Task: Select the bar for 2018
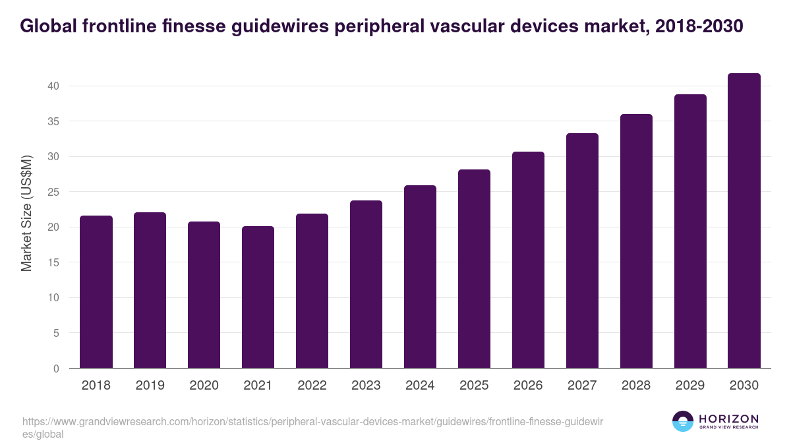tap(96, 292)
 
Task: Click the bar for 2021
tap(258, 297)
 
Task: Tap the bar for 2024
tap(420, 277)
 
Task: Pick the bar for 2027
tap(582, 251)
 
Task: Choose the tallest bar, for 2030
tap(744, 221)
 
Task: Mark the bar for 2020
tap(204, 295)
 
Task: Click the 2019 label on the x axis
tap(150, 386)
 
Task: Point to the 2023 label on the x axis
tap(366, 386)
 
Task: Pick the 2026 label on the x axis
tap(528, 386)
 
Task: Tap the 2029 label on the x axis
tap(690, 386)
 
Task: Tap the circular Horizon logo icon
tap(683, 421)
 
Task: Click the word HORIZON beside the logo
tap(728, 418)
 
